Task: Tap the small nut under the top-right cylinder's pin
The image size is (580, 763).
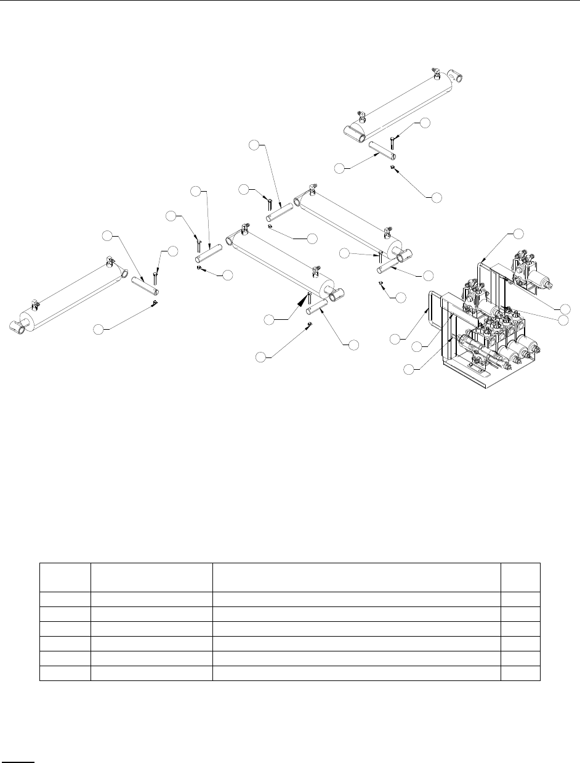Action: coord(392,166)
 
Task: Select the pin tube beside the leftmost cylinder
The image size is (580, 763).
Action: coord(146,285)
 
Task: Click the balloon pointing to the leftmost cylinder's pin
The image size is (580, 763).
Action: coord(108,235)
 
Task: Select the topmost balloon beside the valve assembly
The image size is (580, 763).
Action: coord(518,234)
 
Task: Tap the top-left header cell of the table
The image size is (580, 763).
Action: coord(65,577)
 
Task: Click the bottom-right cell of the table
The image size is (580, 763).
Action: coord(521,672)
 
